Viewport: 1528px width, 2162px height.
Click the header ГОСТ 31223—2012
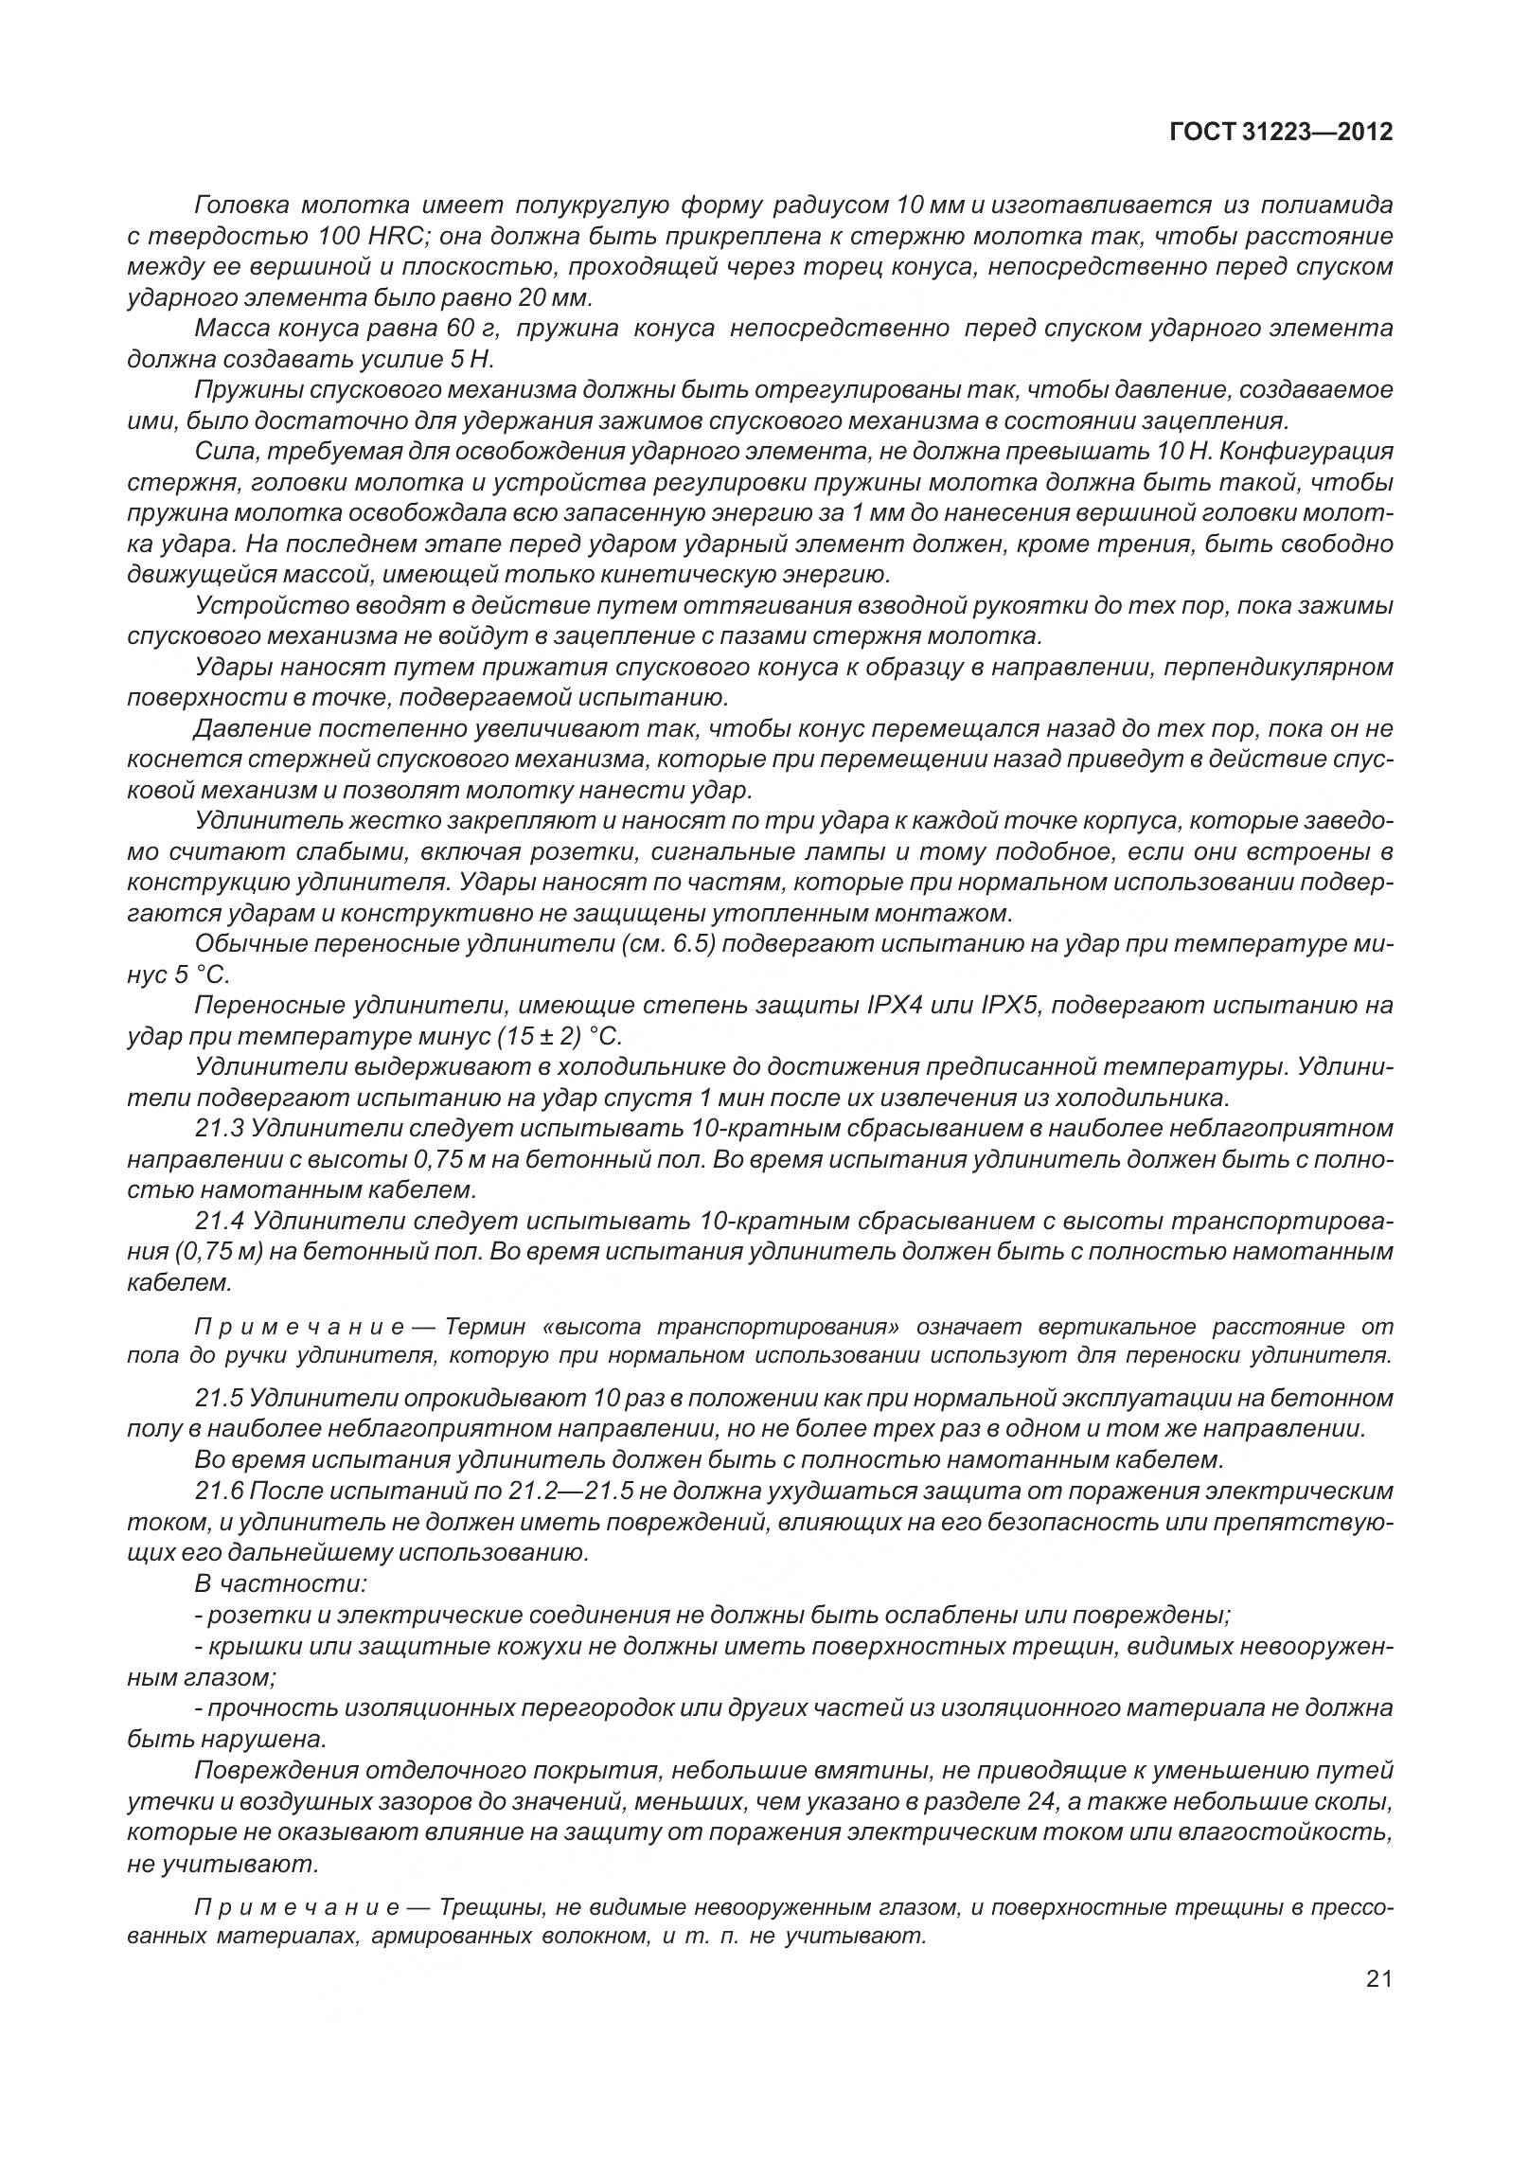click(x=1281, y=133)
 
